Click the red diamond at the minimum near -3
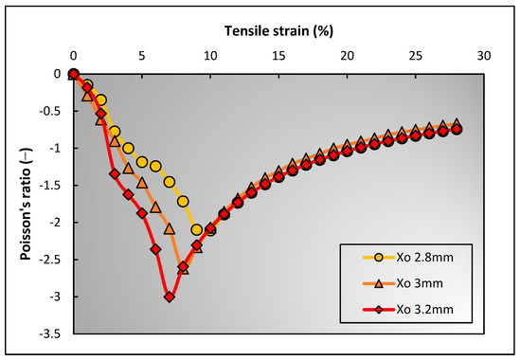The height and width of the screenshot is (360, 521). pyautogui.click(x=170, y=297)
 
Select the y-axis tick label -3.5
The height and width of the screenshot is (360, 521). pyautogui.click(x=54, y=334)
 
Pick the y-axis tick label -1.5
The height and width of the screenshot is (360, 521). pyautogui.click(x=54, y=186)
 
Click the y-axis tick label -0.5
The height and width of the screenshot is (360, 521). pyautogui.click(x=54, y=111)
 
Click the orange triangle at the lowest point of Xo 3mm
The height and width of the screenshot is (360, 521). pyautogui.click(x=183, y=269)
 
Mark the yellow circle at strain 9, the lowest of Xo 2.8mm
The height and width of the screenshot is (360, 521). pyautogui.click(x=197, y=230)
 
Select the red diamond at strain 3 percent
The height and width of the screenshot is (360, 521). pyautogui.click(x=115, y=173)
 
